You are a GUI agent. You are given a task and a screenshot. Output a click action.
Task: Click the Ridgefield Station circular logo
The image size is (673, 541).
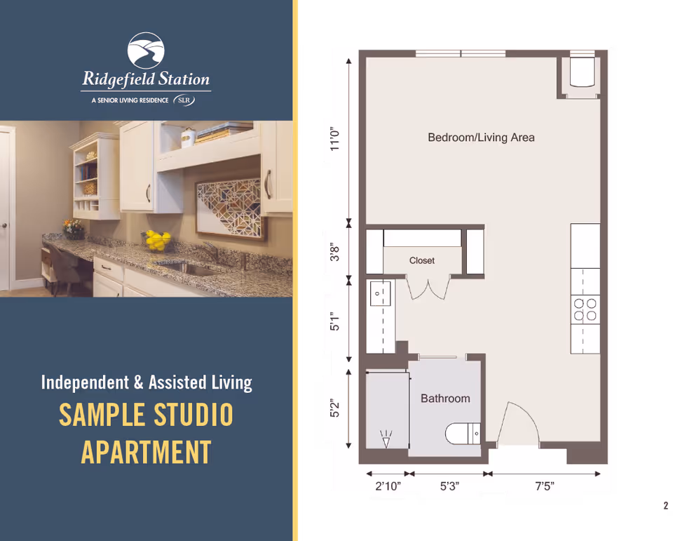(146, 50)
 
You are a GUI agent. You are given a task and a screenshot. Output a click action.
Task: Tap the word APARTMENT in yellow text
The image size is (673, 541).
(146, 451)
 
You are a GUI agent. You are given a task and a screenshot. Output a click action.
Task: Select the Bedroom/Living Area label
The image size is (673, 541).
(481, 138)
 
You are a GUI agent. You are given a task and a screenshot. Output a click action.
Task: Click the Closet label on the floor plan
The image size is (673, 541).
(422, 260)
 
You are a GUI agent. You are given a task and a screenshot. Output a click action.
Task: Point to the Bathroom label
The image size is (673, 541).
(445, 399)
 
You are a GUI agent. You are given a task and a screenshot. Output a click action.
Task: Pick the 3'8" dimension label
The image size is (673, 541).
(336, 253)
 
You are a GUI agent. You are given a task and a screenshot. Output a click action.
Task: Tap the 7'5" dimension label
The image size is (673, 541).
(544, 487)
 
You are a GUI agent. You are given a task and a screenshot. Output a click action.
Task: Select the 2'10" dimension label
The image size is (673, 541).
(386, 487)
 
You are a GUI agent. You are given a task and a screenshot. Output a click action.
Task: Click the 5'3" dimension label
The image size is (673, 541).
(449, 487)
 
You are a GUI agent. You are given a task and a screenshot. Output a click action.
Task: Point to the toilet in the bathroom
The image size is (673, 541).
(463, 433)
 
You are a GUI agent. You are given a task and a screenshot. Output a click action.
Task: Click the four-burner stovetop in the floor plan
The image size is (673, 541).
(585, 309)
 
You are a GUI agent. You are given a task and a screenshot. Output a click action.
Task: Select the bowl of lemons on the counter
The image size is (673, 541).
(158, 241)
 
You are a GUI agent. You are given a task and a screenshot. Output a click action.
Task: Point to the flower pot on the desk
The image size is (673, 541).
(72, 227)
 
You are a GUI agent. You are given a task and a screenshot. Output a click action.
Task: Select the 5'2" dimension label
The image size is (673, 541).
(336, 408)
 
